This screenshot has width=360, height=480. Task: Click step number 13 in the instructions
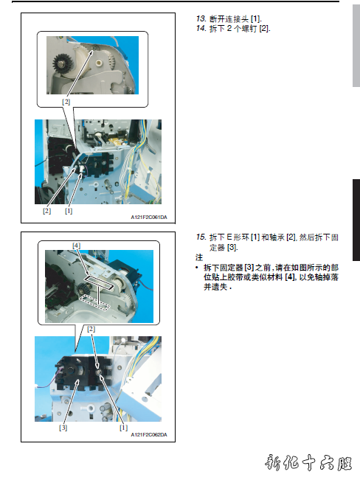pos(201,18)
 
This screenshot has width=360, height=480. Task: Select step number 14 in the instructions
pos(201,29)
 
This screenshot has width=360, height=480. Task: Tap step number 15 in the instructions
pos(201,237)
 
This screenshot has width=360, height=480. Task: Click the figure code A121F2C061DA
pos(149,218)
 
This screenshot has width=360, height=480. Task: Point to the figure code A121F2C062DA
pos(149,435)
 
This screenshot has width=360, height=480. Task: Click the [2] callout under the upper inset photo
pos(66,102)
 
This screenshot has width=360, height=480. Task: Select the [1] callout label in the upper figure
pos(69,211)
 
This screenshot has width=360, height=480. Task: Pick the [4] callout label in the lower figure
pos(76,246)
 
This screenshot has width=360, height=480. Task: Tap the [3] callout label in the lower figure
pos(63,428)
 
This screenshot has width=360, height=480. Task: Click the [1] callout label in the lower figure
pos(123,428)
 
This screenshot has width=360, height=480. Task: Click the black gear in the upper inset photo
pos(62,63)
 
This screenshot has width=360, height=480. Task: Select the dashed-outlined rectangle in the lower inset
pos(94,303)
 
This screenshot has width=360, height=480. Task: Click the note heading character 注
pos(199,257)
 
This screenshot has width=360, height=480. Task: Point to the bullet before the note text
pos(197,268)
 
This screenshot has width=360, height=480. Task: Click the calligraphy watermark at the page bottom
pos(308,462)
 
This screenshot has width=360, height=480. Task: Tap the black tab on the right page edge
pos(356,220)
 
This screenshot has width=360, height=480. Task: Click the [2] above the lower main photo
pos(91,329)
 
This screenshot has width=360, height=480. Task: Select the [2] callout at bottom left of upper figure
pos(47,211)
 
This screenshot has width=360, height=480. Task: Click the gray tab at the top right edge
pos(356,45)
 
